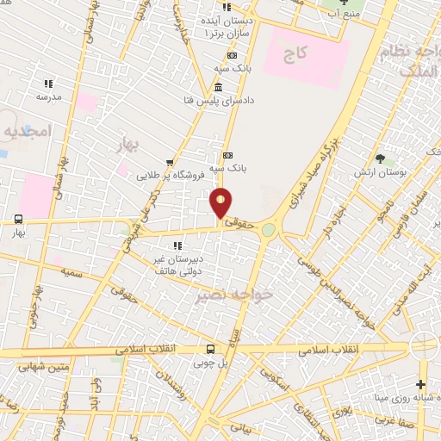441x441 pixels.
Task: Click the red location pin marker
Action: [221, 203]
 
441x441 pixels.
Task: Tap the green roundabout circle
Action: [269, 230]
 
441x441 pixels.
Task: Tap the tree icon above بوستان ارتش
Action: [380, 158]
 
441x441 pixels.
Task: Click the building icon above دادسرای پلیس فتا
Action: [218, 88]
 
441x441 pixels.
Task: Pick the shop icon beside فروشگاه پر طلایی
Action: [171, 161]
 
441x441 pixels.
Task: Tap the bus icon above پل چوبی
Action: [210, 349]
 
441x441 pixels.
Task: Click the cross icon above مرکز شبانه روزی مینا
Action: [420, 384]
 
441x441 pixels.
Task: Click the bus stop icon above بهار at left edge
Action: [18, 220]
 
